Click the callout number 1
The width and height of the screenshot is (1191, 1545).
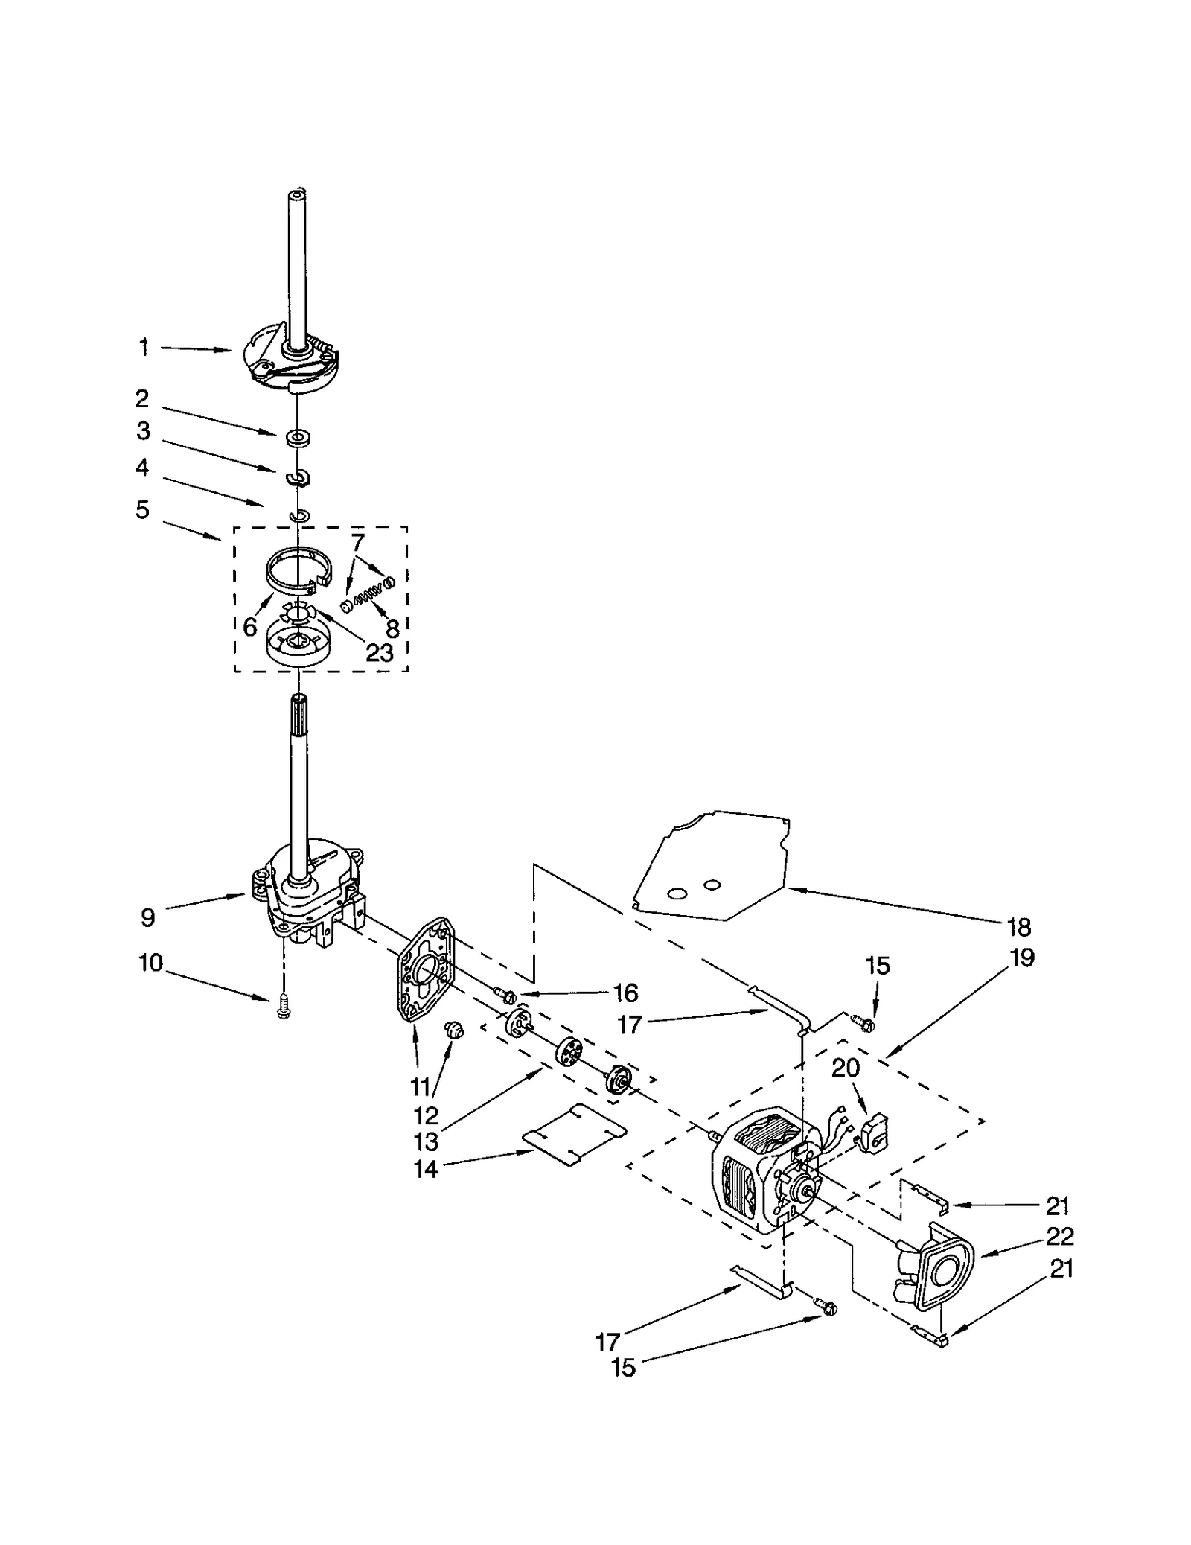(x=143, y=347)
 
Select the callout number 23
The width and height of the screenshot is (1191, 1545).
(x=379, y=653)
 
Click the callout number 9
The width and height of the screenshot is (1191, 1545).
(x=147, y=917)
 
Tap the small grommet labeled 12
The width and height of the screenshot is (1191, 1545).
(x=453, y=1030)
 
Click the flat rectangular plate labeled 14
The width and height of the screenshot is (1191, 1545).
(x=573, y=1135)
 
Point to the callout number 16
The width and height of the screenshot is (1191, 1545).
(x=625, y=993)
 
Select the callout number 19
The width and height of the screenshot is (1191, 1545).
(x=1022, y=957)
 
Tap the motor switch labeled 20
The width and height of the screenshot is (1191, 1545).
(x=872, y=1135)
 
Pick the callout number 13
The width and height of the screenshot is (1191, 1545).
(x=427, y=1141)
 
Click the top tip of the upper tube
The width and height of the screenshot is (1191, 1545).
(x=297, y=195)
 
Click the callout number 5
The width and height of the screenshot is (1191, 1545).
(x=142, y=509)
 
